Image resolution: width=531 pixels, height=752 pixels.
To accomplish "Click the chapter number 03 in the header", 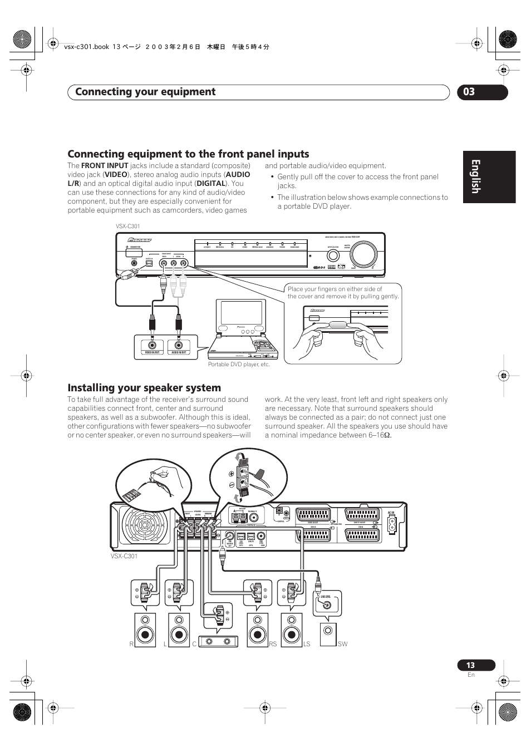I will pos(469,92).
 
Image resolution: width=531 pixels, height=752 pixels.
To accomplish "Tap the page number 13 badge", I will pos(471,665).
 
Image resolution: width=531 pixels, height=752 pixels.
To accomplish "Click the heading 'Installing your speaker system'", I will pos(144,387).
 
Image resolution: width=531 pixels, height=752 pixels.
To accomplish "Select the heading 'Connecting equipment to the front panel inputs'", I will pos(188,154).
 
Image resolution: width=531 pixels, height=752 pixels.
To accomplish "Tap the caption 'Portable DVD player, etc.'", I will pos(239,364).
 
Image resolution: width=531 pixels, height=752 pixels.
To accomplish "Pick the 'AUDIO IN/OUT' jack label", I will pos(179,352).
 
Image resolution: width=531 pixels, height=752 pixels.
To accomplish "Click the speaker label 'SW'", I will pos(342,644).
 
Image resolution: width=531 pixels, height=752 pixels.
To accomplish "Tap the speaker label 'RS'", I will pos(273,644).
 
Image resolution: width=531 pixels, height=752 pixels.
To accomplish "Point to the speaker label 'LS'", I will pos(307,644).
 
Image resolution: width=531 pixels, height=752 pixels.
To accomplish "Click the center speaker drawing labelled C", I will pos(218,641).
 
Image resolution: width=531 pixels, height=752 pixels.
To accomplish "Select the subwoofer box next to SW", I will pos(328,633).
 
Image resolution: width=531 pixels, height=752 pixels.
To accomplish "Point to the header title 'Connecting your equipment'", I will pos(145,92).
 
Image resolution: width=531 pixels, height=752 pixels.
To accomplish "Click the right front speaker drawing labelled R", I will pos(145,630).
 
